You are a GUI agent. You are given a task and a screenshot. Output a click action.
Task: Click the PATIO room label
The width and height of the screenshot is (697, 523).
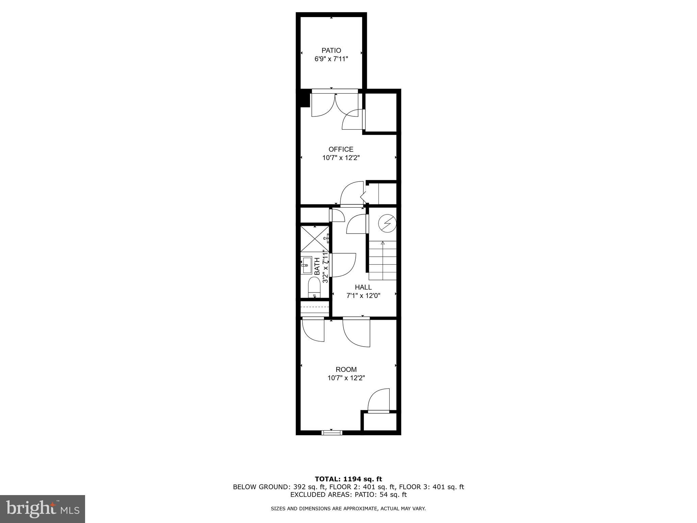(x=331, y=51)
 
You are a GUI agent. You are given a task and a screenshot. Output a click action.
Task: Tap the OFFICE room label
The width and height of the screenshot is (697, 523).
(x=341, y=149)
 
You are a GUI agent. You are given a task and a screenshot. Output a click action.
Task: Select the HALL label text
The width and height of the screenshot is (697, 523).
(x=363, y=287)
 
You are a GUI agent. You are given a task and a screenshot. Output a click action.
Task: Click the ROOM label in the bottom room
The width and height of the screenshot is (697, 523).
(x=346, y=369)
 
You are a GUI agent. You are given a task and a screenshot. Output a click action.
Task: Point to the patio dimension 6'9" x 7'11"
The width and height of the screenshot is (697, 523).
(x=331, y=59)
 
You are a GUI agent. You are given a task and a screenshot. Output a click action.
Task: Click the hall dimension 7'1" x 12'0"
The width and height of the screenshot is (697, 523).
(x=363, y=296)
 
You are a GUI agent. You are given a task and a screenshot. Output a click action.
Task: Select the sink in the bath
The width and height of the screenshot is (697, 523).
(x=306, y=265)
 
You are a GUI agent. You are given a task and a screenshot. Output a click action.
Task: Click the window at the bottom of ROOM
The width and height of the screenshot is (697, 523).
(x=332, y=433)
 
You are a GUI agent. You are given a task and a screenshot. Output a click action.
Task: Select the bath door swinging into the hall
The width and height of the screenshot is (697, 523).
(x=343, y=265)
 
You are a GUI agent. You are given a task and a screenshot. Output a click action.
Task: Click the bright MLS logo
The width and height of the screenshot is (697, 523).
(x=43, y=509)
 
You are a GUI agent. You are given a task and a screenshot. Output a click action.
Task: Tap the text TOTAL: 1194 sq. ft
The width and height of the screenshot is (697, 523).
(x=348, y=479)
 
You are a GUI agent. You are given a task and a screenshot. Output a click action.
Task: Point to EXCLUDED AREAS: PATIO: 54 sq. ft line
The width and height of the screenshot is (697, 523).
(x=348, y=495)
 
